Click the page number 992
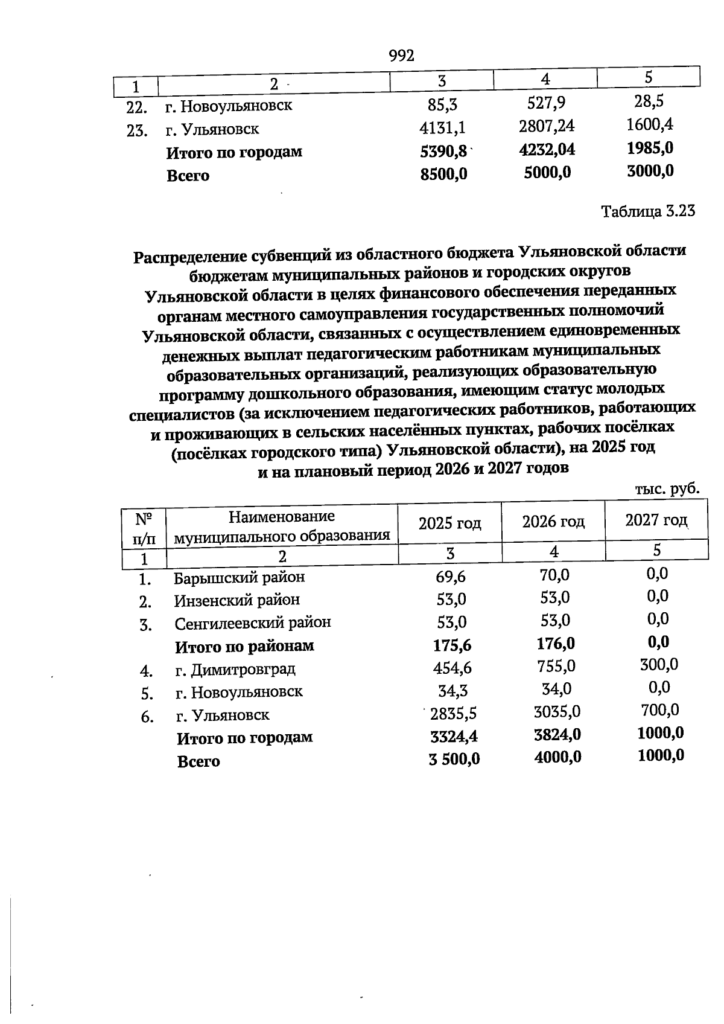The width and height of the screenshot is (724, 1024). [x=401, y=56]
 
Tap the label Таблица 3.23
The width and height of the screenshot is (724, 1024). [x=648, y=212]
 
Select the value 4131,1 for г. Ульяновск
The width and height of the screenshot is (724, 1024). [x=442, y=127]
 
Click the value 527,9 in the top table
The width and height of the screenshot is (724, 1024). [x=546, y=103]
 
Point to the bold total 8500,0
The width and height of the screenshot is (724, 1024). [x=443, y=174]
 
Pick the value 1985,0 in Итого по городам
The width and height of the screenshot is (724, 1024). [x=650, y=149]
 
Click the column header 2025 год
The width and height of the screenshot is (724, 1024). [x=449, y=523]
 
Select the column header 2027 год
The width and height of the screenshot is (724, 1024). [x=656, y=520]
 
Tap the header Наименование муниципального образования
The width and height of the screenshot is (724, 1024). [x=282, y=526]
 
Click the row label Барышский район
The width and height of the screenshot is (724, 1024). [x=240, y=577]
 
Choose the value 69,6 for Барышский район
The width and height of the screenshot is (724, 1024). [x=451, y=577]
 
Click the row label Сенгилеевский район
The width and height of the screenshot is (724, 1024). [x=253, y=622]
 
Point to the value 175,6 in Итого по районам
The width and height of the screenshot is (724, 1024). [x=452, y=645]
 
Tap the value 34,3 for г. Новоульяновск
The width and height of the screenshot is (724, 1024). [x=453, y=690]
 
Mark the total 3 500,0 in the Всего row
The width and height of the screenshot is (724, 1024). [x=454, y=759]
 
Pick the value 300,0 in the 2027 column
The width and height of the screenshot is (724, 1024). [x=659, y=665]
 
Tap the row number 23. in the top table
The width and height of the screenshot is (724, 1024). [x=137, y=130]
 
